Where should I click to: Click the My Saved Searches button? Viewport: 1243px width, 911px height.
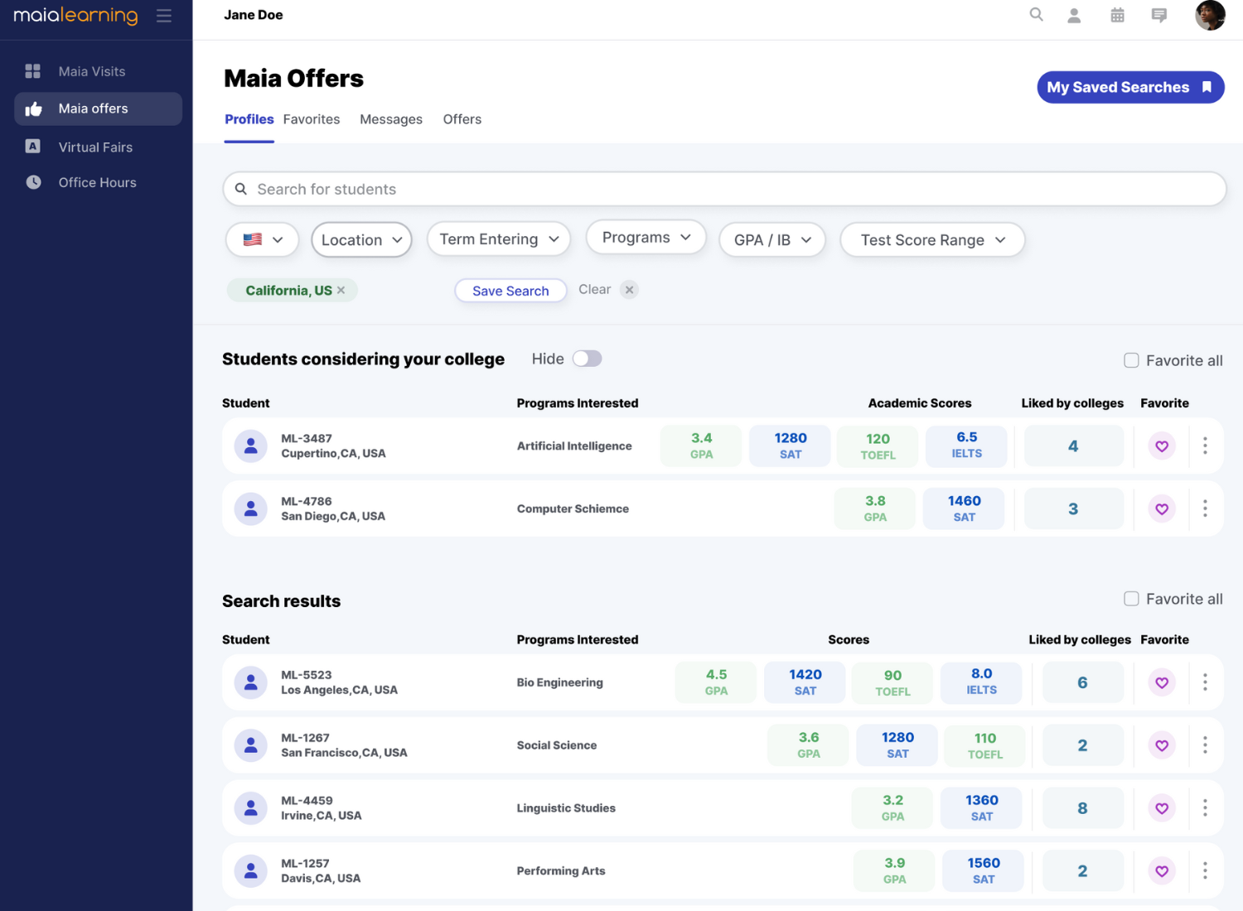[x=1130, y=87]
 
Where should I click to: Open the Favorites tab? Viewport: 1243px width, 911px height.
[x=312, y=119]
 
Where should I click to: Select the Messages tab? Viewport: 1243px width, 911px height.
[x=391, y=119]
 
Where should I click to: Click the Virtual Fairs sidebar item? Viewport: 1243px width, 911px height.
[x=95, y=147]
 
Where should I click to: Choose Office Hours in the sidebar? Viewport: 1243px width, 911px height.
[x=97, y=182]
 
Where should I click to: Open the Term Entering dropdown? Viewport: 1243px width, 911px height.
[x=499, y=239]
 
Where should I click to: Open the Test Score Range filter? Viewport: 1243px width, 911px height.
[x=932, y=240]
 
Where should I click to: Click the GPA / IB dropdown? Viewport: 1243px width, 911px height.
[x=772, y=240]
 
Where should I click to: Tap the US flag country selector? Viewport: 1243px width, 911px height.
[x=262, y=240]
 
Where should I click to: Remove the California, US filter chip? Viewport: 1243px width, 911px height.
[x=341, y=290]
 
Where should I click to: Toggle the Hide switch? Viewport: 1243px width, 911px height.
[x=587, y=359]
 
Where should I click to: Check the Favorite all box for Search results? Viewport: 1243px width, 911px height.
[x=1131, y=599]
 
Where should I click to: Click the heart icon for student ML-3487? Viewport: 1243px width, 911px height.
[x=1162, y=446]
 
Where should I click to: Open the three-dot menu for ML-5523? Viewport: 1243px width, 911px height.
[x=1205, y=682]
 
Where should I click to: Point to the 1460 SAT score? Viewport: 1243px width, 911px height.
[x=964, y=509]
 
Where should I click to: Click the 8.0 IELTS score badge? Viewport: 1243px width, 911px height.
[x=981, y=682]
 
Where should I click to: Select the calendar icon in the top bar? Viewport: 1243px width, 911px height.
[x=1117, y=15]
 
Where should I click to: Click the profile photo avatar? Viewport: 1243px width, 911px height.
[x=1210, y=15]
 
